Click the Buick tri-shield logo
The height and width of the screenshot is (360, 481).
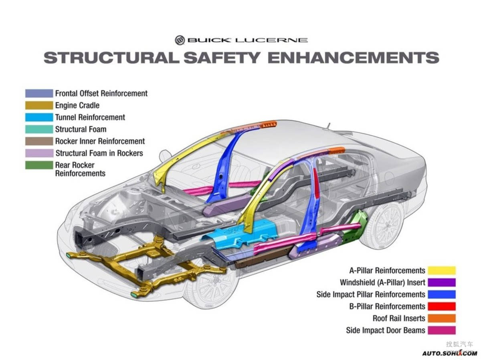180,40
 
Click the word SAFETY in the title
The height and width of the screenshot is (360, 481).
222,57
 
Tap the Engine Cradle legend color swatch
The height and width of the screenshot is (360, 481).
39,105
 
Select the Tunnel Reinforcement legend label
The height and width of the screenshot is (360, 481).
90,117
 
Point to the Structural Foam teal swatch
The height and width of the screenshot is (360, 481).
39,129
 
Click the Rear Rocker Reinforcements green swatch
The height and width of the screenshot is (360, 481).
39,165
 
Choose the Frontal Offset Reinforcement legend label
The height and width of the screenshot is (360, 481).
101,93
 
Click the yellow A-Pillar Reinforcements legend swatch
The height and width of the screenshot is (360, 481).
442,270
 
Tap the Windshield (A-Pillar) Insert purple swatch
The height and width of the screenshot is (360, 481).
442,282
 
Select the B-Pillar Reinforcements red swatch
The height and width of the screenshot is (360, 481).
442,306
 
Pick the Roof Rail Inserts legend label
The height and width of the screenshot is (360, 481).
399,318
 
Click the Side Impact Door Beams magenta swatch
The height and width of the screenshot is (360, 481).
442,330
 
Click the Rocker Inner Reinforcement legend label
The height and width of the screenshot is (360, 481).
100,141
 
